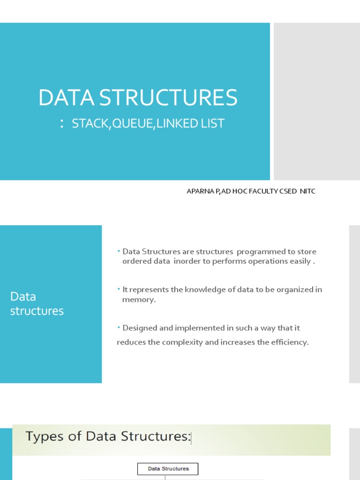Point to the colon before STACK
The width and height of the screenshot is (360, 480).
click(x=62, y=124)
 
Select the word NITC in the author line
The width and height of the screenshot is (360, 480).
click(x=307, y=192)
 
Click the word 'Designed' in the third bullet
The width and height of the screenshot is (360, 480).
click(x=139, y=328)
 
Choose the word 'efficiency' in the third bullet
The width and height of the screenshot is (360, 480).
click(x=289, y=342)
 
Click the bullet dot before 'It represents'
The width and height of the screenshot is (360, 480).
click(x=119, y=289)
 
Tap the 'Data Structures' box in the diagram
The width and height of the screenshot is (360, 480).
click(x=168, y=468)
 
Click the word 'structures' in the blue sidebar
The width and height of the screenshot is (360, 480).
click(x=37, y=311)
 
